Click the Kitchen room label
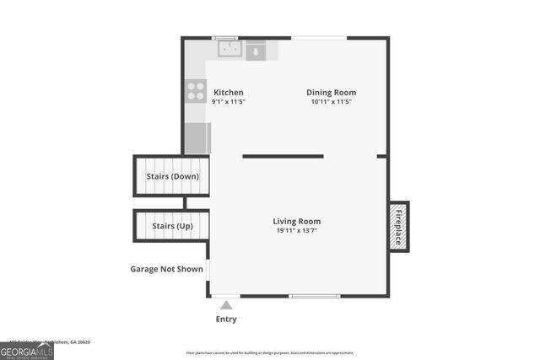point(229,93)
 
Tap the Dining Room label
point(331,93)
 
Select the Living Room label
point(298,221)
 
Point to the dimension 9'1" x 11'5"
point(229,102)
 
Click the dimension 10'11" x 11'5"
point(331,102)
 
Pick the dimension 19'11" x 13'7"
point(298,230)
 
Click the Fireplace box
point(398,226)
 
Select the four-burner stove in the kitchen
point(196,90)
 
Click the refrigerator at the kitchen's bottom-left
point(197,138)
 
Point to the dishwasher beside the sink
point(256,51)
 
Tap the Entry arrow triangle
point(225,305)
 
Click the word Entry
point(226,320)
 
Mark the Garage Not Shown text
point(166,270)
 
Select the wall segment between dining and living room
point(283,156)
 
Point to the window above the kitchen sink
point(224,37)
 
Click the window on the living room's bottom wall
point(314,295)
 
